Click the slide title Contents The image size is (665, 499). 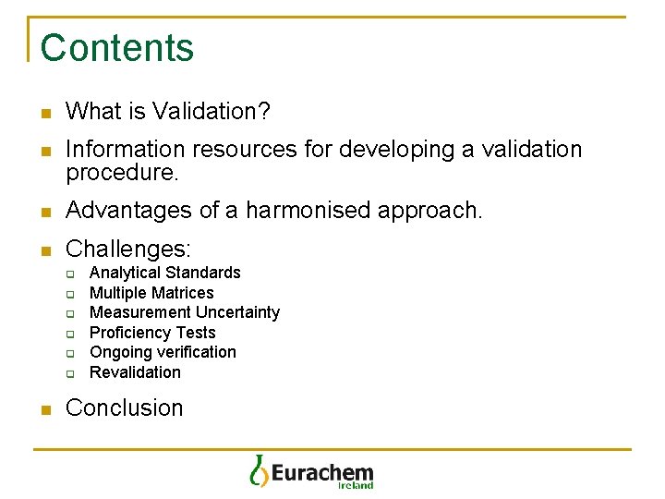pos(117,48)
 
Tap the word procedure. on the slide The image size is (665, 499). pos(121,172)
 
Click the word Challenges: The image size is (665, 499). pos(128,249)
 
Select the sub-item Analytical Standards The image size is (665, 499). pos(164,273)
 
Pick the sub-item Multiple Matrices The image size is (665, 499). pos(151,293)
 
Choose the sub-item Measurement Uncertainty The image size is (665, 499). pos(184,312)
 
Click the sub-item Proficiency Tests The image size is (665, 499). pos(152,333)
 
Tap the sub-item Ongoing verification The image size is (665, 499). pos(163,352)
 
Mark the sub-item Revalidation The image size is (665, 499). pos(135,372)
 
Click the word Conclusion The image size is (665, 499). pos(125,408)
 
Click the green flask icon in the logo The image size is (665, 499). pos(259,470)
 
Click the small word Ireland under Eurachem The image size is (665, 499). pos(356,485)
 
